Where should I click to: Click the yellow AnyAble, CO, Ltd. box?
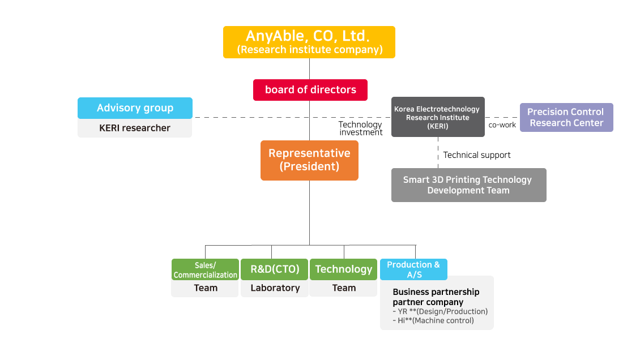[x=309, y=37]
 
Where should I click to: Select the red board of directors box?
[x=310, y=89]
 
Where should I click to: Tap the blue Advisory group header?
[x=135, y=108]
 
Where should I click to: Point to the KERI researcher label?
[x=135, y=128]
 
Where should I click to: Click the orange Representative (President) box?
[x=309, y=160]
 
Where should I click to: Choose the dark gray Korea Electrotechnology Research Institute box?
[x=438, y=117]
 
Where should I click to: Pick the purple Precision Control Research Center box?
[x=566, y=117]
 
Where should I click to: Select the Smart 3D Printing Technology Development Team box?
[x=468, y=185]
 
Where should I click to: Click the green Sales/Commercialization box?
[x=205, y=269]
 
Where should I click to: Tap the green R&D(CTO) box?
[x=275, y=269]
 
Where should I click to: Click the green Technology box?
[x=343, y=269]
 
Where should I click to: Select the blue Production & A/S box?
[x=413, y=269]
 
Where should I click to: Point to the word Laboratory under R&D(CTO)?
[x=275, y=288]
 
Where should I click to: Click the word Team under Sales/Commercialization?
[x=205, y=288]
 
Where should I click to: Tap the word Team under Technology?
[x=343, y=288]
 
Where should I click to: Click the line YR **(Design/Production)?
[x=439, y=311]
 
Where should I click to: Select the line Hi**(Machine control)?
[x=433, y=320]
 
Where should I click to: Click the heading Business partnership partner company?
[x=436, y=297]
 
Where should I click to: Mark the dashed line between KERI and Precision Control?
[x=502, y=117]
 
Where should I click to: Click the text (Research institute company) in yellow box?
[x=309, y=50]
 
